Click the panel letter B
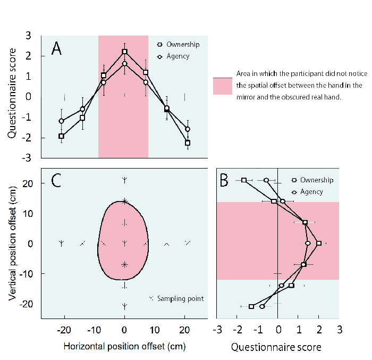[224, 181]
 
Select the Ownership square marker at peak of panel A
[124, 52]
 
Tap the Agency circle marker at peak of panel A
[124, 64]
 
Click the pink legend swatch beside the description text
[223, 86]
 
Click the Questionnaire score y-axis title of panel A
[11, 97]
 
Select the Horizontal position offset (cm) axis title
[125, 347]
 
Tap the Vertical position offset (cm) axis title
[11, 244]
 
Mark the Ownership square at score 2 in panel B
[319, 244]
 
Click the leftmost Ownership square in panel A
[61, 136]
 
